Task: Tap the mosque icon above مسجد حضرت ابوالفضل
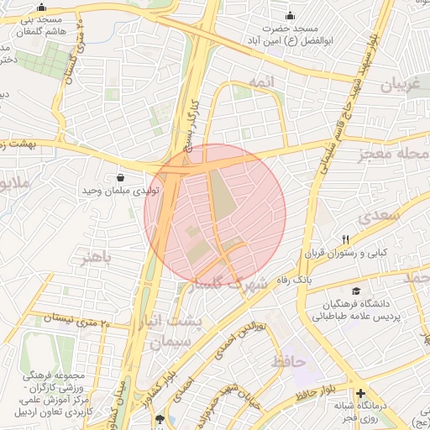[291, 15]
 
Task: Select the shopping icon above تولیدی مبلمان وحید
[121, 178]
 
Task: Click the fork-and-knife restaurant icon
[345, 239]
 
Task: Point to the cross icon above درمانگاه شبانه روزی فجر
[361, 393]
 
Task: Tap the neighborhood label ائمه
[260, 81]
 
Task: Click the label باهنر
[95, 257]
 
